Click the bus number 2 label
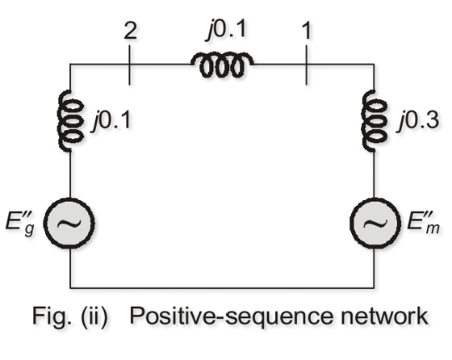coord(130,31)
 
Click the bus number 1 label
coord(307,31)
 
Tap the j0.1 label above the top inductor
coord(226,29)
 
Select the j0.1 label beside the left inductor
coord(111,120)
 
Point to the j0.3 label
coord(419,120)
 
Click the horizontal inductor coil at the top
coord(222,65)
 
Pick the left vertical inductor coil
coord(70,120)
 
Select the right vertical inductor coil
coord(374,120)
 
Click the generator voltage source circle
coord(69,223)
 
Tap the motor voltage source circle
coord(375,223)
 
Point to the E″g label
coord(20,224)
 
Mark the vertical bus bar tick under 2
coord(129,65)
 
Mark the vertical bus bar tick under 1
coord(306,65)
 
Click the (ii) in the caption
coord(94,317)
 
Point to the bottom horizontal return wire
coord(222,287)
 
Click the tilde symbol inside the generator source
coord(69,223)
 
